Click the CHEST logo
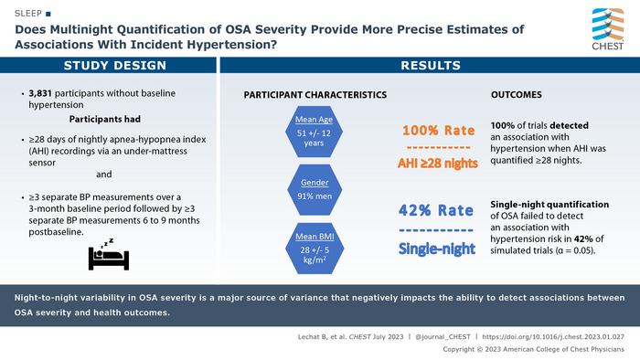click(x=608, y=29)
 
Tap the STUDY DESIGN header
click(x=115, y=66)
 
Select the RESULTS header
click(x=431, y=66)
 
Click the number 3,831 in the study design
click(x=40, y=93)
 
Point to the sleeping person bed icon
click(x=109, y=254)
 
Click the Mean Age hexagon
click(x=314, y=132)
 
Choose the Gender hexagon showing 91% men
click(x=315, y=189)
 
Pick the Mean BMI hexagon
click(x=315, y=249)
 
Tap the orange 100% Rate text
click(x=438, y=131)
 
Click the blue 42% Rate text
click(x=436, y=210)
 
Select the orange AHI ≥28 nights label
click(x=438, y=164)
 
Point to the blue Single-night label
click(x=437, y=249)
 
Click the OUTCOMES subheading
click(x=517, y=95)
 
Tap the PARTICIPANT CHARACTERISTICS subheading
click(x=315, y=95)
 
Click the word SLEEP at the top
click(x=28, y=14)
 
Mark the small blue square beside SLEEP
click(x=48, y=14)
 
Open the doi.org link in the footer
click(x=553, y=337)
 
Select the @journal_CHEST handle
click(x=443, y=337)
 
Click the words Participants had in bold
click(x=105, y=119)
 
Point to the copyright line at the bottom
click(x=533, y=349)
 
